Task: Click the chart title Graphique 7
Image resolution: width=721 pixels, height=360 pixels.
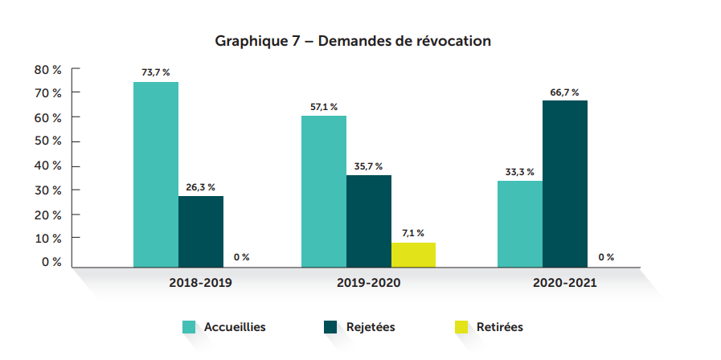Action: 353,40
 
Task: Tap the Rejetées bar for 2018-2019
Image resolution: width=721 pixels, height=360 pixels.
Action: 201,231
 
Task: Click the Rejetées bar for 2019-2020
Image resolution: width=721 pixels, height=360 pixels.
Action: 369,221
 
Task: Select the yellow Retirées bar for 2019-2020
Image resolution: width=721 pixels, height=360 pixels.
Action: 413,255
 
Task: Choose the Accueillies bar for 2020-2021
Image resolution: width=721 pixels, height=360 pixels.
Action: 520,223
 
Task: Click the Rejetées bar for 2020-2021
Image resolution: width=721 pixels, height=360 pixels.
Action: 565,183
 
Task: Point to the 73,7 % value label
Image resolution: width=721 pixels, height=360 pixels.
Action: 156,72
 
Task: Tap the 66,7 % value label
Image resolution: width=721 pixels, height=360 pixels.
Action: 564,92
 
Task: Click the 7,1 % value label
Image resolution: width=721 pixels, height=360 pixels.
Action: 413,233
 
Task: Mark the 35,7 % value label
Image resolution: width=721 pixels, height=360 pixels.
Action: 368,166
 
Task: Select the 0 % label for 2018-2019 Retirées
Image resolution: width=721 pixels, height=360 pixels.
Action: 241,257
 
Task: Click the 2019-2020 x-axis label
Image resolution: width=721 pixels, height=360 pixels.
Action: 369,283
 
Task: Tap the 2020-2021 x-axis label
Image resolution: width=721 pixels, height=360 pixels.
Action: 564,283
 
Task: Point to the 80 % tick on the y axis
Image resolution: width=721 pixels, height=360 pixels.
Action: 48,70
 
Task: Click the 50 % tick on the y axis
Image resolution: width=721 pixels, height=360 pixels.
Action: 48,141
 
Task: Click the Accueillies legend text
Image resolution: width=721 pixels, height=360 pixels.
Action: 235,327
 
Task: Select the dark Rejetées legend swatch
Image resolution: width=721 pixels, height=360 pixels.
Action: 330,327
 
